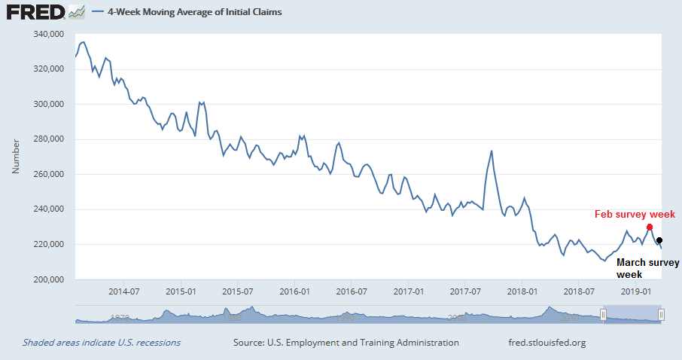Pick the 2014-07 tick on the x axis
[x=124, y=291]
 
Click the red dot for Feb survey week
[x=650, y=227]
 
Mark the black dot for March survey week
[x=659, y=239]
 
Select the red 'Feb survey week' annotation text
[x=635, y=215]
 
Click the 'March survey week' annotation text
[x=647, y=269]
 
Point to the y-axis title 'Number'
[x=16, y=157]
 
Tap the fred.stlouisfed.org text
[x=547, y=343]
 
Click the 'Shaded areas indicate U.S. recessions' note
[x=102, y=343]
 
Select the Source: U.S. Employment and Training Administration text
[x=346, y=343]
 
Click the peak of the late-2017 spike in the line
[x=492, y=151]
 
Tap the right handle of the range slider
[x=661, y=314]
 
